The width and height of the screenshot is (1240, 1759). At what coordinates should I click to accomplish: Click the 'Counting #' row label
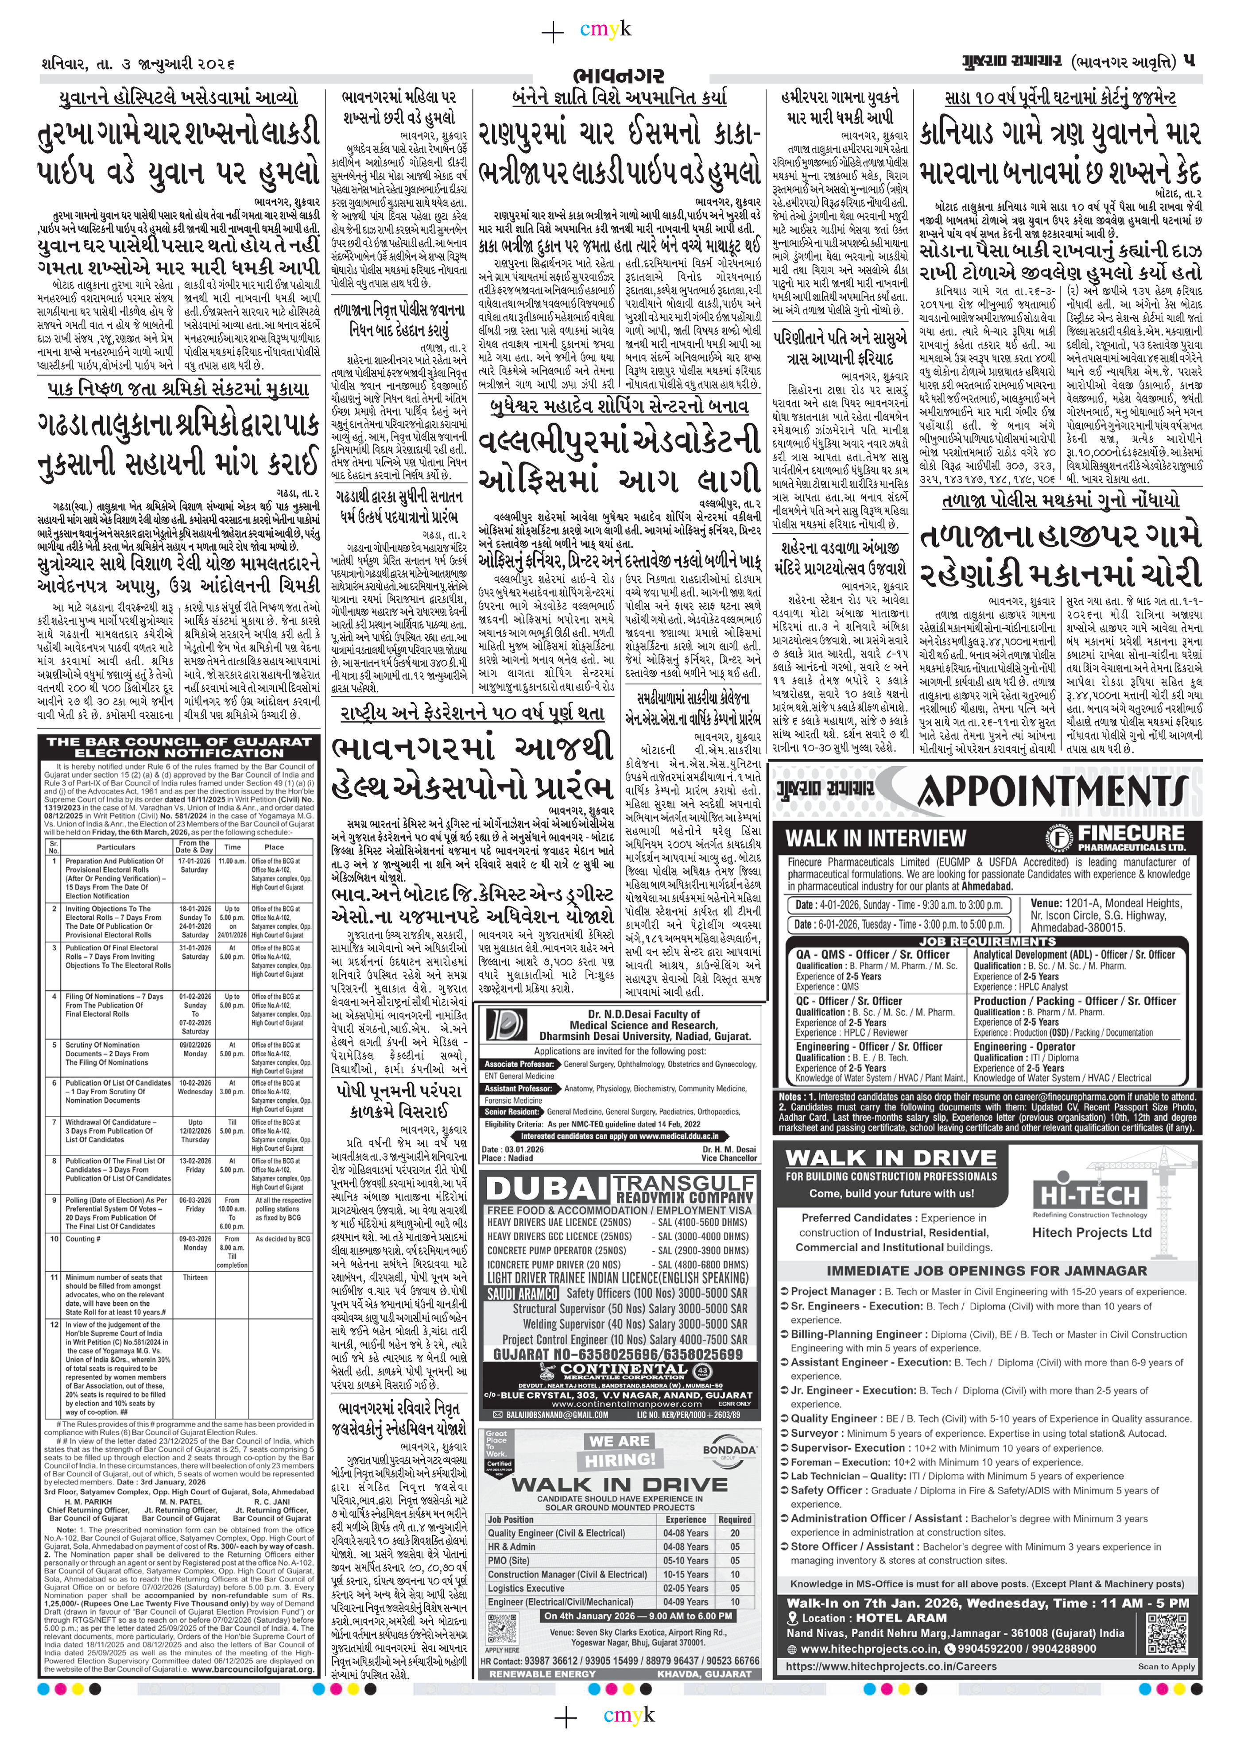coord(81,1239)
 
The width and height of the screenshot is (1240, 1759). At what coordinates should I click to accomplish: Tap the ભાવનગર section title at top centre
coord(619,78)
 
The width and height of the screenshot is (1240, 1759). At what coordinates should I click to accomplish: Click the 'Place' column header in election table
coord(274,847)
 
